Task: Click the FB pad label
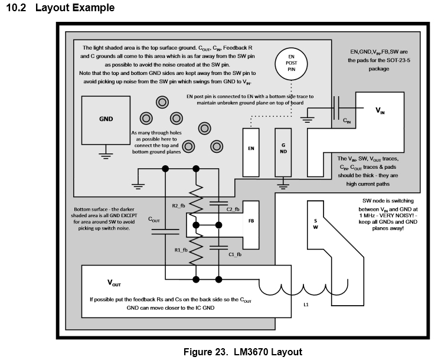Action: pos(251,221)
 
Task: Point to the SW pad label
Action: pos(315,224)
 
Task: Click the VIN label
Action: pos(380,110)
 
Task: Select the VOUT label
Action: pos(114,283)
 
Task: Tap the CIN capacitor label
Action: pos(347,120)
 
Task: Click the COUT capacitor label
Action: pos(154,220)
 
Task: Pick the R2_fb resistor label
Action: pos(178,206)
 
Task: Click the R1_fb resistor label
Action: pos(181,250)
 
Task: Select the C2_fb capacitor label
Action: pos(233,209)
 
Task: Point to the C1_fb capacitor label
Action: pos(235,254)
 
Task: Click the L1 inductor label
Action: pos(306,305)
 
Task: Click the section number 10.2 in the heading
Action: pos(16,8)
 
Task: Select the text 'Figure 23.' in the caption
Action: pos(205,352)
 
